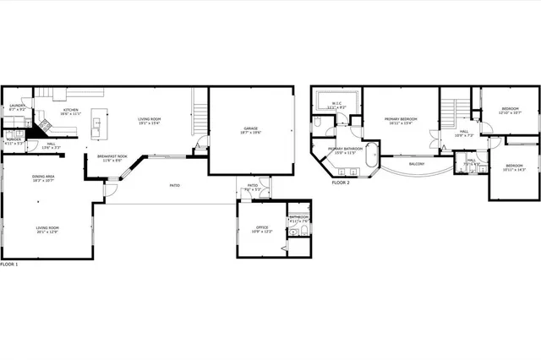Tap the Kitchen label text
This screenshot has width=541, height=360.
(70, 109)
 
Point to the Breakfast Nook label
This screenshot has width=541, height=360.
(112, 156)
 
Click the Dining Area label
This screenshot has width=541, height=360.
(20, 176)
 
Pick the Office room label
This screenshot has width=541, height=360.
(261, 226)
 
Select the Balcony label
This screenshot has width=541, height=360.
(417, 163)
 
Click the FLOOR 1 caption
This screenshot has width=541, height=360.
(9, 265)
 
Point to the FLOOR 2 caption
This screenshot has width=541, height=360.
(341, 182)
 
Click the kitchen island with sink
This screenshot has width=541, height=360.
(96, 128)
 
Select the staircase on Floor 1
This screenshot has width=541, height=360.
(199, 114)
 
